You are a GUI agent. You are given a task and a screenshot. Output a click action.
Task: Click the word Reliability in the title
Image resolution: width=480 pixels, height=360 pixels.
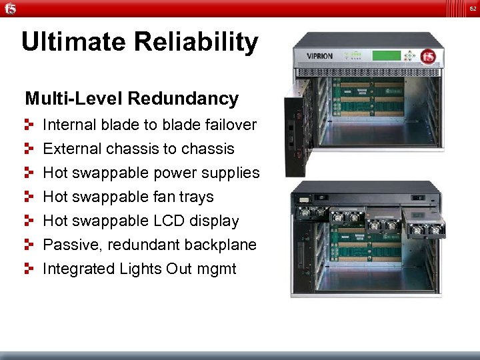pyautogui.click(x=196, y=42)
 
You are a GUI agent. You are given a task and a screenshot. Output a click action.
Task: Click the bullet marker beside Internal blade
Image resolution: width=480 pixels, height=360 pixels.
pyautogui.click(x=29, y=125)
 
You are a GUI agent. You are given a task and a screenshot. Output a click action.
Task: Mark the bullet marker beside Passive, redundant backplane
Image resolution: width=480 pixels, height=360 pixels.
pyautogui.click(x=29, y=245)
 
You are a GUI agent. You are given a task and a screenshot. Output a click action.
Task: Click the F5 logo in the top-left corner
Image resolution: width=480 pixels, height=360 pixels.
pyautogui.click(x=9, y=8)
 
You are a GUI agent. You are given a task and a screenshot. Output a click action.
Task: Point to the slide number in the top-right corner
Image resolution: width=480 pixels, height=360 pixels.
pyautogui.click(x=470, y=9)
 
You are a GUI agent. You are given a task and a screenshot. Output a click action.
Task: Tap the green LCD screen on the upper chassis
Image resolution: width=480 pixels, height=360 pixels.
pyautogui.click(x=387, y=55)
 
